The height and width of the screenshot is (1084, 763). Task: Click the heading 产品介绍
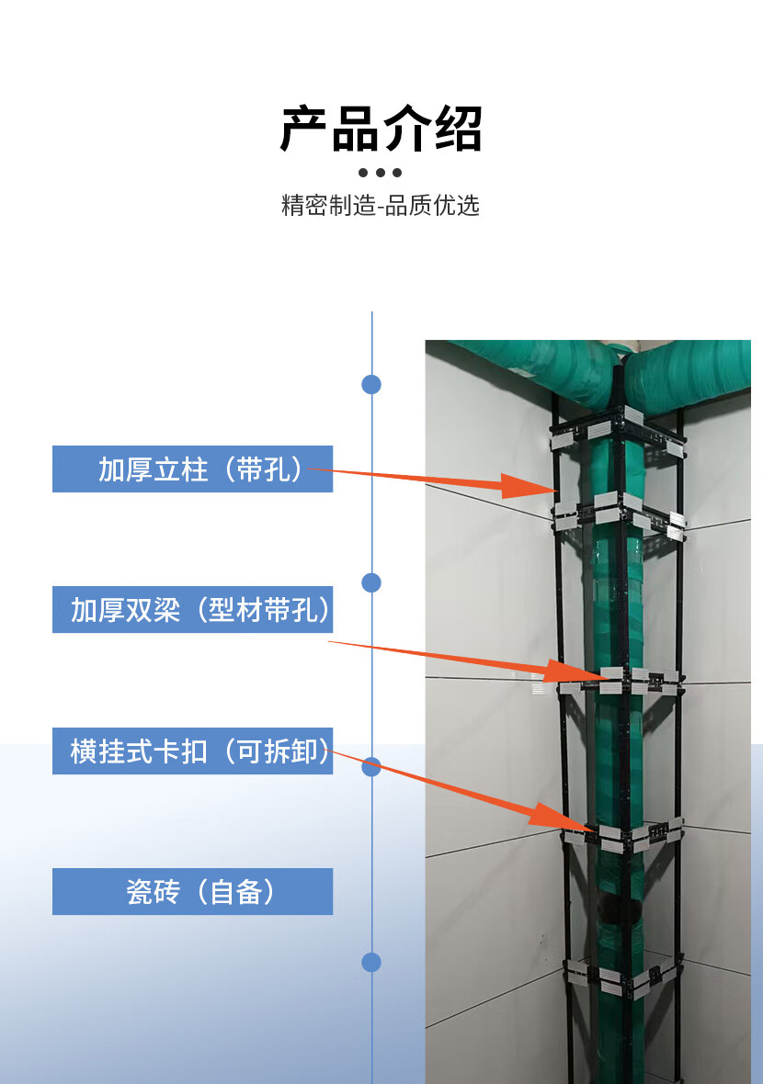click(x=381, y=129)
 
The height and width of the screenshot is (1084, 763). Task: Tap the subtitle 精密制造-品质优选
click(x=381, y=205)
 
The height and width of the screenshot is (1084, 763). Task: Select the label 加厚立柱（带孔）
click(x=192, y=469)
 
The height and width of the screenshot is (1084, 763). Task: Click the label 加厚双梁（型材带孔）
click(x=192, y=609)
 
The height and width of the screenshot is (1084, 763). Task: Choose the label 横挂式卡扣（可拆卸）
click(x=192, y=751)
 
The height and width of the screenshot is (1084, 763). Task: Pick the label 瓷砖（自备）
click(x=192, y=891)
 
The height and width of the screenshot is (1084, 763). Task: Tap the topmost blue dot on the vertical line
click(x=371, y=384)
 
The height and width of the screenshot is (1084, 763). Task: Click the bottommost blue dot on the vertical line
click(x=371, y=962)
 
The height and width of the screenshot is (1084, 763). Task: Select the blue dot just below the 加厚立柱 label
click(x=371, y=582)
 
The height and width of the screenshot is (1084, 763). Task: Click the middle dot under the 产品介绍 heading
click(x=381, y=173)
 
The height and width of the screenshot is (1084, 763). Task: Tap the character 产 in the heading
click(x=304, y=129)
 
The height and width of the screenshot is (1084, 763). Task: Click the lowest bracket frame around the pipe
click(x=622, y=976)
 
